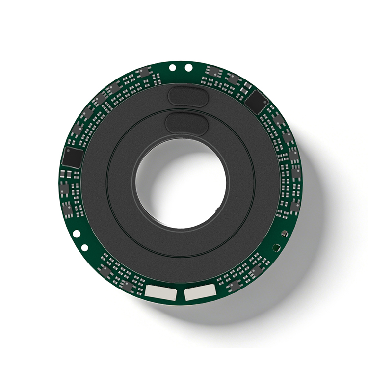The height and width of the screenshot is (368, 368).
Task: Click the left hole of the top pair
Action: click(x=172, y=68)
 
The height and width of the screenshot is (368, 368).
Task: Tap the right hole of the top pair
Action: click(x=188, y=68)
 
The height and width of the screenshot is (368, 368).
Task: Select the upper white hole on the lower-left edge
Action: click(x=77, y=234)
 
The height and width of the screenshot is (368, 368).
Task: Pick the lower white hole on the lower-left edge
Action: click(x=85, y=248)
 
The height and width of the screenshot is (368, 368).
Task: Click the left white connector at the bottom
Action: click(x=160, y=292)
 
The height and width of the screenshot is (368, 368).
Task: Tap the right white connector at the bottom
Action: click(x=199, y=293)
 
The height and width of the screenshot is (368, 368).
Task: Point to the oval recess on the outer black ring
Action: click(x=188, y=96)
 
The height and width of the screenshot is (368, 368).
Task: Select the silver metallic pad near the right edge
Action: click(x=283, y=232)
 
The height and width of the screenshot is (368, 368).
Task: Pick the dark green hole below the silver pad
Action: click(x=277, y=247)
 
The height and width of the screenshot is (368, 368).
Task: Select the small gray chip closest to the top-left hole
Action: click(x=144, y=72)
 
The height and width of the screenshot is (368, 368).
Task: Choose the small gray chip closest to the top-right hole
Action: click(x=212, y=72)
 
